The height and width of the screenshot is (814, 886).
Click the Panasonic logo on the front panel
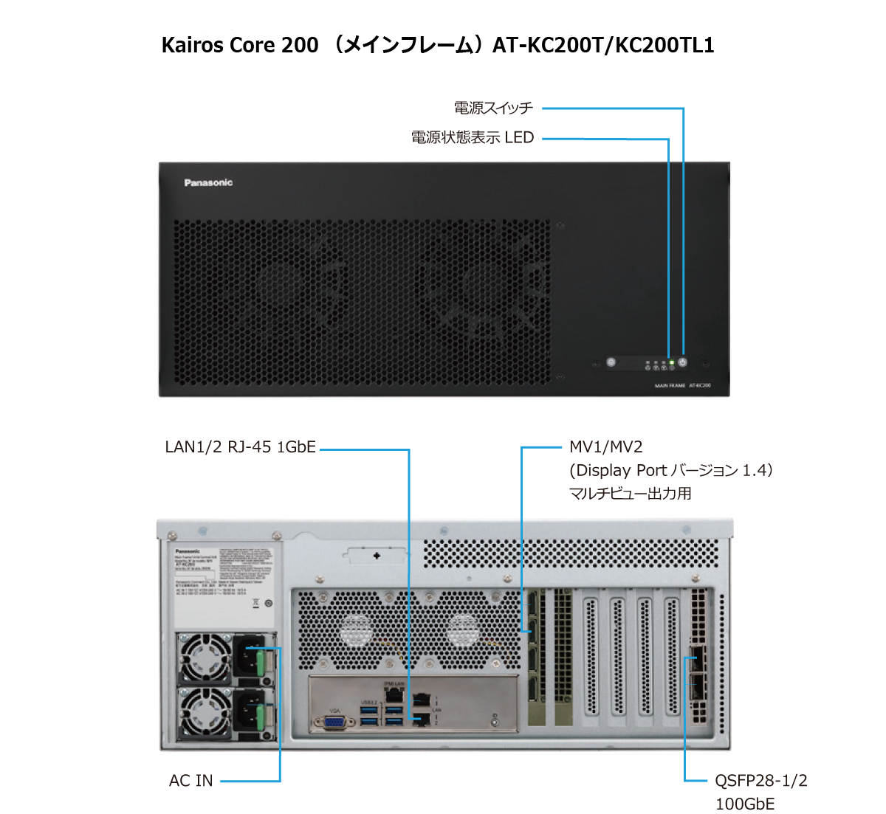click(x=208, y=182)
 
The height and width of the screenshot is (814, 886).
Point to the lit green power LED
click(x=671, y=362)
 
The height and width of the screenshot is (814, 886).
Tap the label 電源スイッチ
click(x=494, y=108)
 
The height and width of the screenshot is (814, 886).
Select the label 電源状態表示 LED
click(x=473, y=137)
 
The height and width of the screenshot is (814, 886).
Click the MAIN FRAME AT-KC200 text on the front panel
click(x=681, y=386)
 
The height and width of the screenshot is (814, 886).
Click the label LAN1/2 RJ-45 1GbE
click(x=241, y=447)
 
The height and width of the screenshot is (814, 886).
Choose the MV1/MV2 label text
click(x=605, y=447)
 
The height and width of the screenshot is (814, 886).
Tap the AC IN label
click(x=190, y=781)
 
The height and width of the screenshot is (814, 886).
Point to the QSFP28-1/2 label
click(x=760, y=781)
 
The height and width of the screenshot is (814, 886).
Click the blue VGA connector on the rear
click(x=334, y=720)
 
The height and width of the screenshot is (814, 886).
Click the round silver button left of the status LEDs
click(x=611, y=362)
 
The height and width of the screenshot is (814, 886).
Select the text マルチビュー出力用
click(x=630, y=494)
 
